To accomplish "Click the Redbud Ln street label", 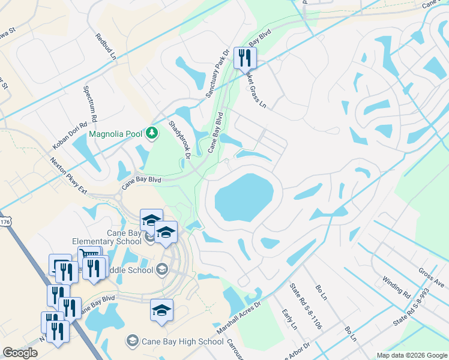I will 104,46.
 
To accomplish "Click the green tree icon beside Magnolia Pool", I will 152,132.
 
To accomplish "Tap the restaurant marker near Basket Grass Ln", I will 245,58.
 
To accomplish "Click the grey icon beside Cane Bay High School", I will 132,341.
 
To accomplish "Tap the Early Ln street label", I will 289,319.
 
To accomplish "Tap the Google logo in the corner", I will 20,353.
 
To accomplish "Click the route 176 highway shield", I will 5,222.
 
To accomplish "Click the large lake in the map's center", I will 244,197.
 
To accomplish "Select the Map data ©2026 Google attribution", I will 412,355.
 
